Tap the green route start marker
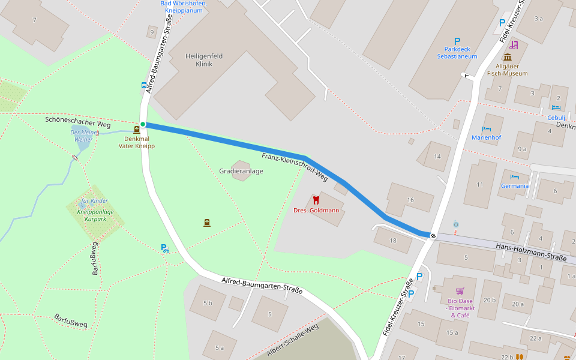pyautogui.click(x=143, y=124)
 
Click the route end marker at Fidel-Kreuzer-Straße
pyautogui.click(x=433, y=235)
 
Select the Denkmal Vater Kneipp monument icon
pyautogui.click(x=137, y=129)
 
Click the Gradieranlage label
pyautogui.click(x=241, y=171)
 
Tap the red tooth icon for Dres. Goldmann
pyautogui.click(x=316, y=200)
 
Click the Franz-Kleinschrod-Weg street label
pyautogui.click(x=294, y=167)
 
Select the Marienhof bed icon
pyautogui.click(x=486, y=129)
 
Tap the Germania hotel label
pyautogui.click(x=515, y=185)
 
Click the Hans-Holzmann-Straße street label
pyautogui.click(x=531, y=253)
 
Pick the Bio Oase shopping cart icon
pyautogui.click(x=460, y=290)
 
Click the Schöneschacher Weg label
pyautogui.click(x=78, y=120)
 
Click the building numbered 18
pyautogui.click(x=392, y=241)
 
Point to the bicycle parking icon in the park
pyautogui.click(x=164, y=247)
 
